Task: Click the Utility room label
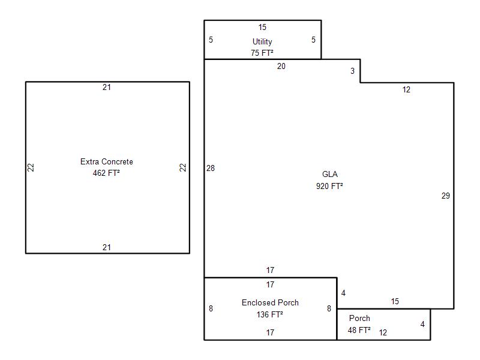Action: click(x=262, y=42)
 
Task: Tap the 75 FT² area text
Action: click(x=262, y=53)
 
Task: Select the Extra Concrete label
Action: click(x=107, y=162)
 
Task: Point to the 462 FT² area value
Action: click(x=107, y=173)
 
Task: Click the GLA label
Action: click(x=330, y=175)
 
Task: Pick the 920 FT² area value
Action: click(x=329, y=186)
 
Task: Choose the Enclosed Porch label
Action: click(x=270, y=303)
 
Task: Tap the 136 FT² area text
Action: click(x=270, y=314)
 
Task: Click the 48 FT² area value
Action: click(x=359, y=330)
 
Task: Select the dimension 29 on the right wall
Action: click(x=445, y=196)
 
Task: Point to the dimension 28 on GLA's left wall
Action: click(x=211, y=169)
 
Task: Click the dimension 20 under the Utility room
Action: click(x=281, y=67)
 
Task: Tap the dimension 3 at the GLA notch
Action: click(x=352, y=71)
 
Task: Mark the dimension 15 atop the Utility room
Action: click(x=262, y=28)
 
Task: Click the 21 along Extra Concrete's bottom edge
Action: click(x=107, y=247)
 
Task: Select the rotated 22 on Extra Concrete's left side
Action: click(x=31, y=168)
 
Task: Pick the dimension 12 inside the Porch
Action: click(x=383, y=332)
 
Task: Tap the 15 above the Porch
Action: click(x=395, y=302)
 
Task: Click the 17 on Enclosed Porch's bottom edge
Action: click(x=270, y=332)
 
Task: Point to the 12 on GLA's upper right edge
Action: click(x=407, y=90)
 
